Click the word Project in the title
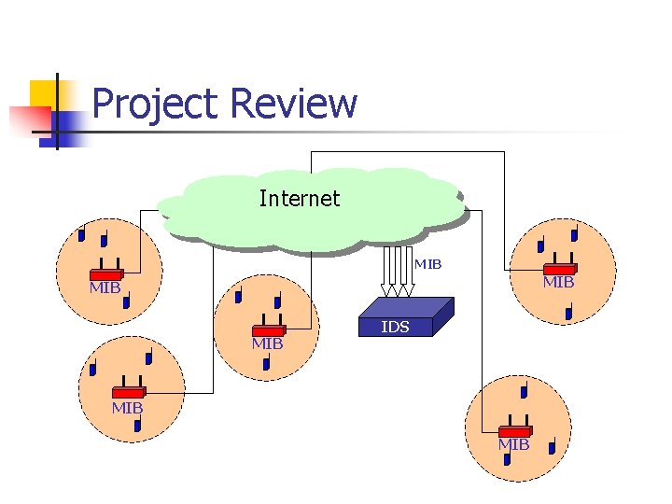[x=155, y=105]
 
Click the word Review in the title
[x=292, y=104]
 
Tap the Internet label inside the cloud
[x=299, y=199]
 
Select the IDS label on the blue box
[x=395, y=328]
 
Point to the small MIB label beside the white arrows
[x=427, y=264]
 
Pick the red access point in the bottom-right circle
[x=514, y=430]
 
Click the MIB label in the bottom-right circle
[x=513, y=445]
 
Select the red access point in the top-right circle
[x=560, y=269]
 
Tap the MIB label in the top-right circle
[x=558, y=282]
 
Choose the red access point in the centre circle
[x=268, y=330]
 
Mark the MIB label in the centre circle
[x=267, y=344]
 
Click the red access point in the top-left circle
[x=106, y=274]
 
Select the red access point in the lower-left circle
[x=128, y=393]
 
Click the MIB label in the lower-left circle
[x=127, y=408]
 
